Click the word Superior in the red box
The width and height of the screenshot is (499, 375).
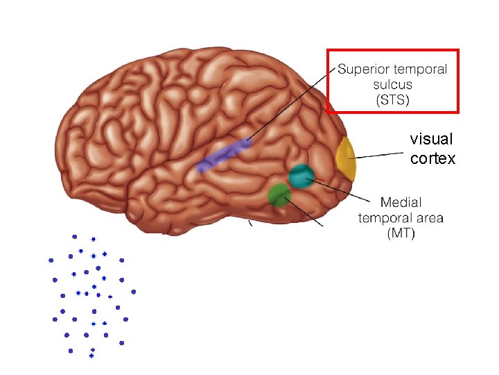pyautogui.click(x=363, y=69)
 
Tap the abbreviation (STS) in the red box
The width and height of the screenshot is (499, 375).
pyautogui.click(x=392, y=100)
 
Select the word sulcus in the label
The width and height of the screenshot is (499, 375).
pyautogui.click(x=392, y=85)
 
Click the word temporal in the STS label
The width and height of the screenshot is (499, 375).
pyautogui.click(x=420, y=69)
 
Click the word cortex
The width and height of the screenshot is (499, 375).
pyautogui.click(x=432, y=159)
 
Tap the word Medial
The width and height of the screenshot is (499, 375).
pyautogui.click(x=401, y=203)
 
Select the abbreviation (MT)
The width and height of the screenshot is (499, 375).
pyautogui.click(x=401, y=233)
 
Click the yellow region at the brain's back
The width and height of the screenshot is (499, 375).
pyautogui.click(x=345, y=158)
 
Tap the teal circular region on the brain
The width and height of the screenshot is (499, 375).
pyautogui.click(x=301, y=176)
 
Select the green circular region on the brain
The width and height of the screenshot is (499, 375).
pyautogui.click(x=279, y=194)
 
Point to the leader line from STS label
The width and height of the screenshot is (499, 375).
pyautogui.click(x=291, y=104)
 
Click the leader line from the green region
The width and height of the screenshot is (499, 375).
pyautogui.click(x=305, y=212)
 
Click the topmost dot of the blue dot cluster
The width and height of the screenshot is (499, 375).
pyautogui.click(x=75, y=237)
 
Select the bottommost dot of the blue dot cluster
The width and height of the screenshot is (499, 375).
pyautogui.click(x=91, y=356)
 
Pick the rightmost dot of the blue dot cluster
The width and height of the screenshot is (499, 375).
pyautogui.click(x=133, y=292)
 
